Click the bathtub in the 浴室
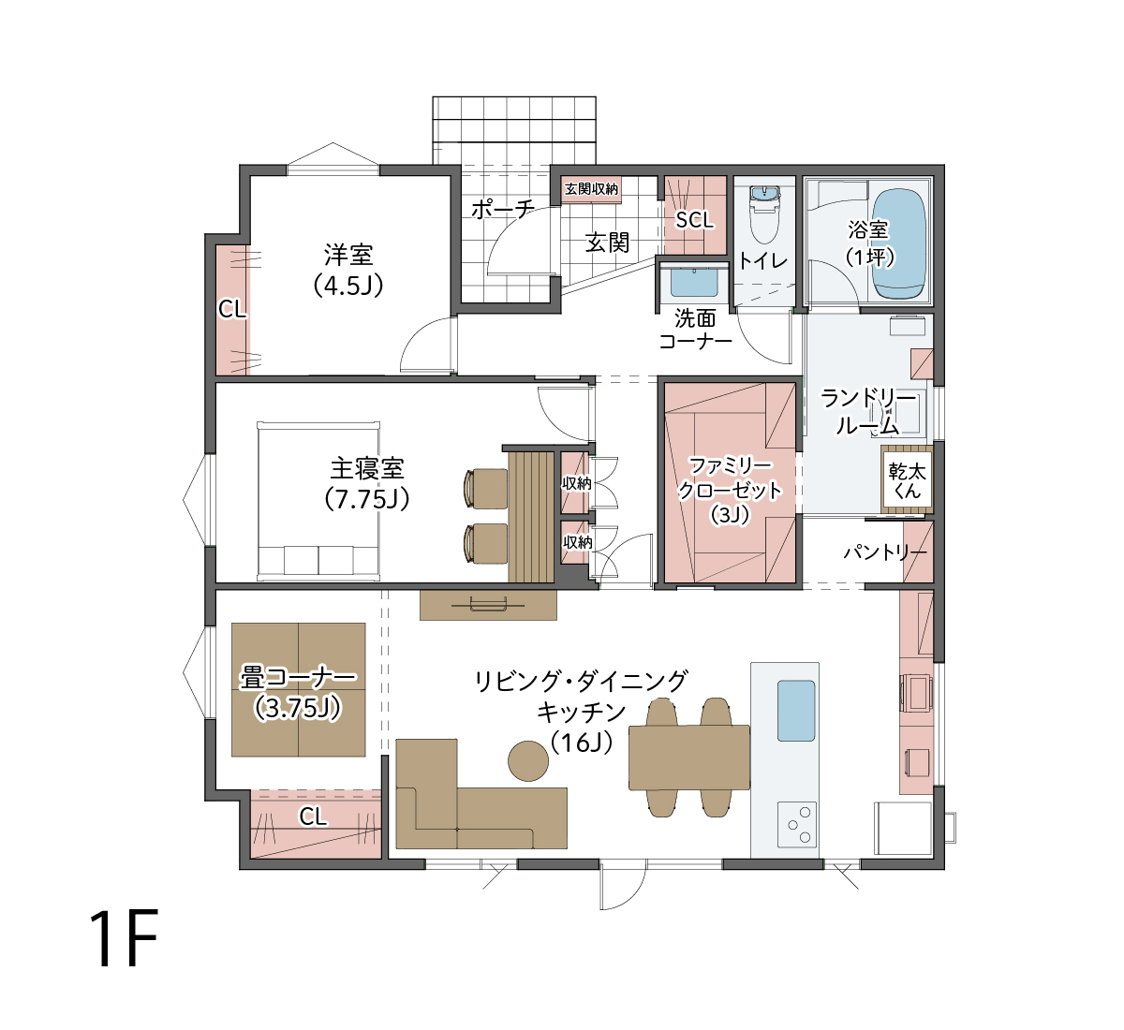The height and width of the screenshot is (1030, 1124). coord(899,243)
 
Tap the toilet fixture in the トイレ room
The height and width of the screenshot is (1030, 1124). coord(765,214)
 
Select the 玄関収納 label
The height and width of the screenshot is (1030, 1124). coord(591,189)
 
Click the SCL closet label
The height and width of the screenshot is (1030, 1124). coord(694,220)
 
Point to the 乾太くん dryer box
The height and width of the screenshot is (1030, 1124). coord(907,479)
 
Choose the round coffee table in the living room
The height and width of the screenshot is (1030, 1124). coord(528,761)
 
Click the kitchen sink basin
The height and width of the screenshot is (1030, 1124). coord(795,711)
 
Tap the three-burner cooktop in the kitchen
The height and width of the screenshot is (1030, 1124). coord(796,824)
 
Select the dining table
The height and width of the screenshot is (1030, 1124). coord(689,758)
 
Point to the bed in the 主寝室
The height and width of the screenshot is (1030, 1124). coord(318,501)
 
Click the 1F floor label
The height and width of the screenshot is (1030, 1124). coord(124,939)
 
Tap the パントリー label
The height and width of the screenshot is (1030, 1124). coord(885,553)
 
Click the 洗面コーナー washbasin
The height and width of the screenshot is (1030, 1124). coord(694,282)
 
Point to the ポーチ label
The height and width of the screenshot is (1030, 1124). coord(503,209)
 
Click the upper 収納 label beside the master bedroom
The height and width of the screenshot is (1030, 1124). coord(577,483)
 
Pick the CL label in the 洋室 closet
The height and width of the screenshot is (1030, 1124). coord(232,309)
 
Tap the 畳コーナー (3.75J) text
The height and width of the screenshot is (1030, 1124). coord(298,693)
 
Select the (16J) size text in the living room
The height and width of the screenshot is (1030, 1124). coord(582,743)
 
